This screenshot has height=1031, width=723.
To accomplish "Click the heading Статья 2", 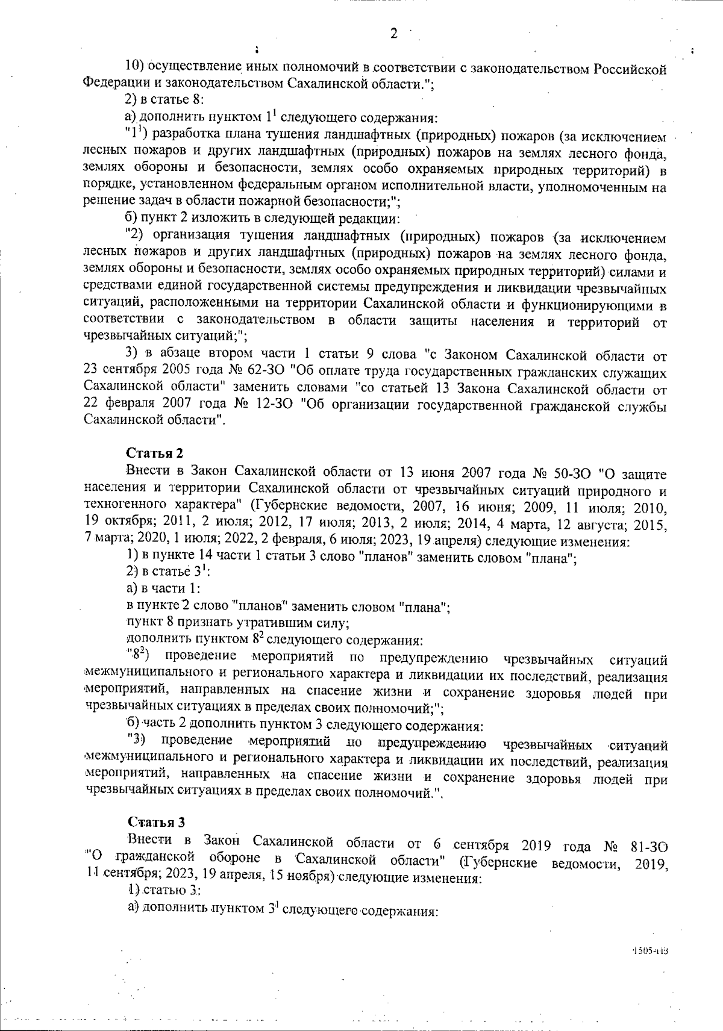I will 154,453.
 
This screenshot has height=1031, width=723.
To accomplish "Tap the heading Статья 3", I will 155,822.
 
